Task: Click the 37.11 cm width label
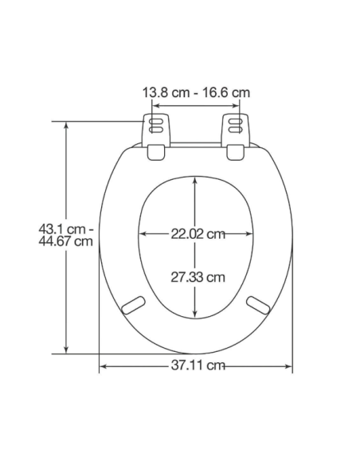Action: tap(198, 365)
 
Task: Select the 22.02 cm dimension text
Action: tap(198, 234)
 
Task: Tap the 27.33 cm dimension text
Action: tap(198, 277)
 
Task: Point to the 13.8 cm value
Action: tap(166, 92)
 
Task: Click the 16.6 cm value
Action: tap(226, 92)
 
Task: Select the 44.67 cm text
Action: tap(65, 240)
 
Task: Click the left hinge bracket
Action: tap(157, 137)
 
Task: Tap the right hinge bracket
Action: tap(236, 137)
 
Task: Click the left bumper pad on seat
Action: tap(134, 305)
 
